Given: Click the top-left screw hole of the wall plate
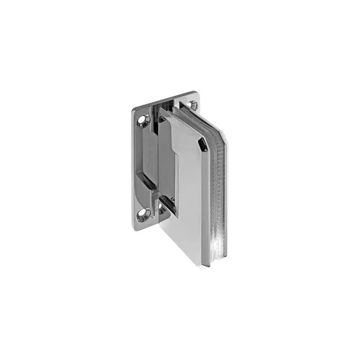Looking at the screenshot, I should click(144, 120).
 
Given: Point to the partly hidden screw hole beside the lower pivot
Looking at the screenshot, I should click(162, 208).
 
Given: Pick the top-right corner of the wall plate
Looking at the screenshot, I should click(196, 93).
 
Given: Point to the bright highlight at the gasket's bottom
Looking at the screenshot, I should click(218, 247).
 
